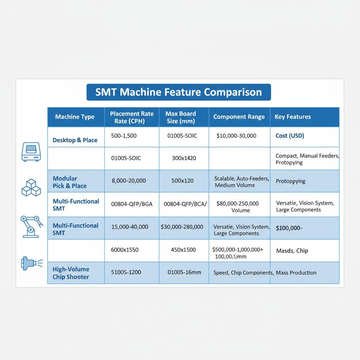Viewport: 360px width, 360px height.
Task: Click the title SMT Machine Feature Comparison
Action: pos(179,92)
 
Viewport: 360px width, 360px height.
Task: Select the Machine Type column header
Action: pos(75,117)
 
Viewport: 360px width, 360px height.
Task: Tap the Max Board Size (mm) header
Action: pos(181,117)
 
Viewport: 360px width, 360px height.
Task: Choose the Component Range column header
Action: pos(239,117)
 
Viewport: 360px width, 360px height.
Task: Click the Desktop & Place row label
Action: pos(75,140)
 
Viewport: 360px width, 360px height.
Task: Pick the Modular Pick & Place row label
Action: pos(70,182)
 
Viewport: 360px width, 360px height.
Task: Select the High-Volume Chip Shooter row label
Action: pos(71,273)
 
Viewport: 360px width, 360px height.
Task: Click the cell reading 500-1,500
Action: pos(124,135)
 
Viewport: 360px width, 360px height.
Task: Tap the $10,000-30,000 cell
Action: pos(236,136)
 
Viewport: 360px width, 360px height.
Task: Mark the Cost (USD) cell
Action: pos(290,135)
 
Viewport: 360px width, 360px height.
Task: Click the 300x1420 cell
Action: pos(184,158)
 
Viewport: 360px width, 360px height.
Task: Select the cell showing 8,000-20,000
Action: pos(128,181)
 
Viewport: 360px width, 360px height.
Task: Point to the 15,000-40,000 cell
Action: pos(130,227)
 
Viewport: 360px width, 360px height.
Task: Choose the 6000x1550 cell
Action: pos(125,250)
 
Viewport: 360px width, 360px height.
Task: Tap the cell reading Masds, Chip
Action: pos(292,251)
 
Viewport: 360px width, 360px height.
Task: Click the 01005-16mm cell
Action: pos(185,272)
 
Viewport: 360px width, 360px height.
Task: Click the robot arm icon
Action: pos(31,226)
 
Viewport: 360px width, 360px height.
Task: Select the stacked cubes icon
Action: pos(31,187)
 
